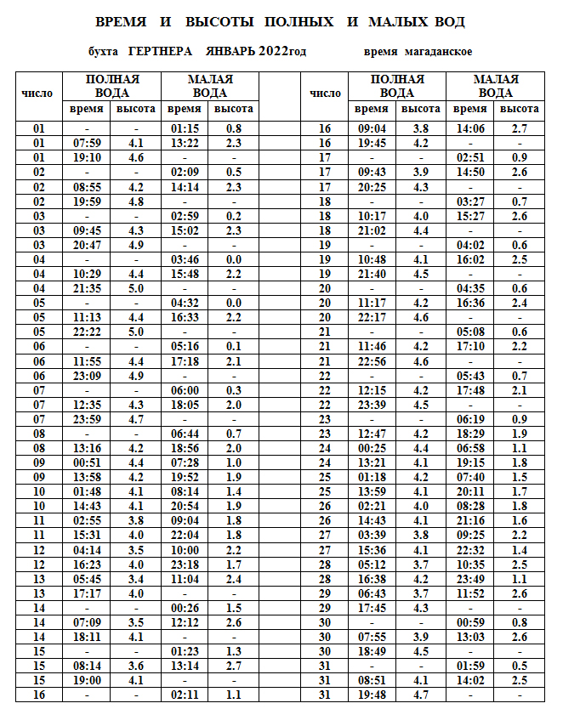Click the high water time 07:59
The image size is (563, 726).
88,143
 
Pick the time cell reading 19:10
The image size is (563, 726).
88,157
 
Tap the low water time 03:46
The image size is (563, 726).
185,259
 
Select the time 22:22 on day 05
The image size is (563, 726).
88,332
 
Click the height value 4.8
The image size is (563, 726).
135,201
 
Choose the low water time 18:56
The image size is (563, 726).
185,448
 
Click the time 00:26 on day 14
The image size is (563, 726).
185,608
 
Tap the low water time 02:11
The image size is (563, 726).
185,695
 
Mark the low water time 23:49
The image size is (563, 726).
470,579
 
